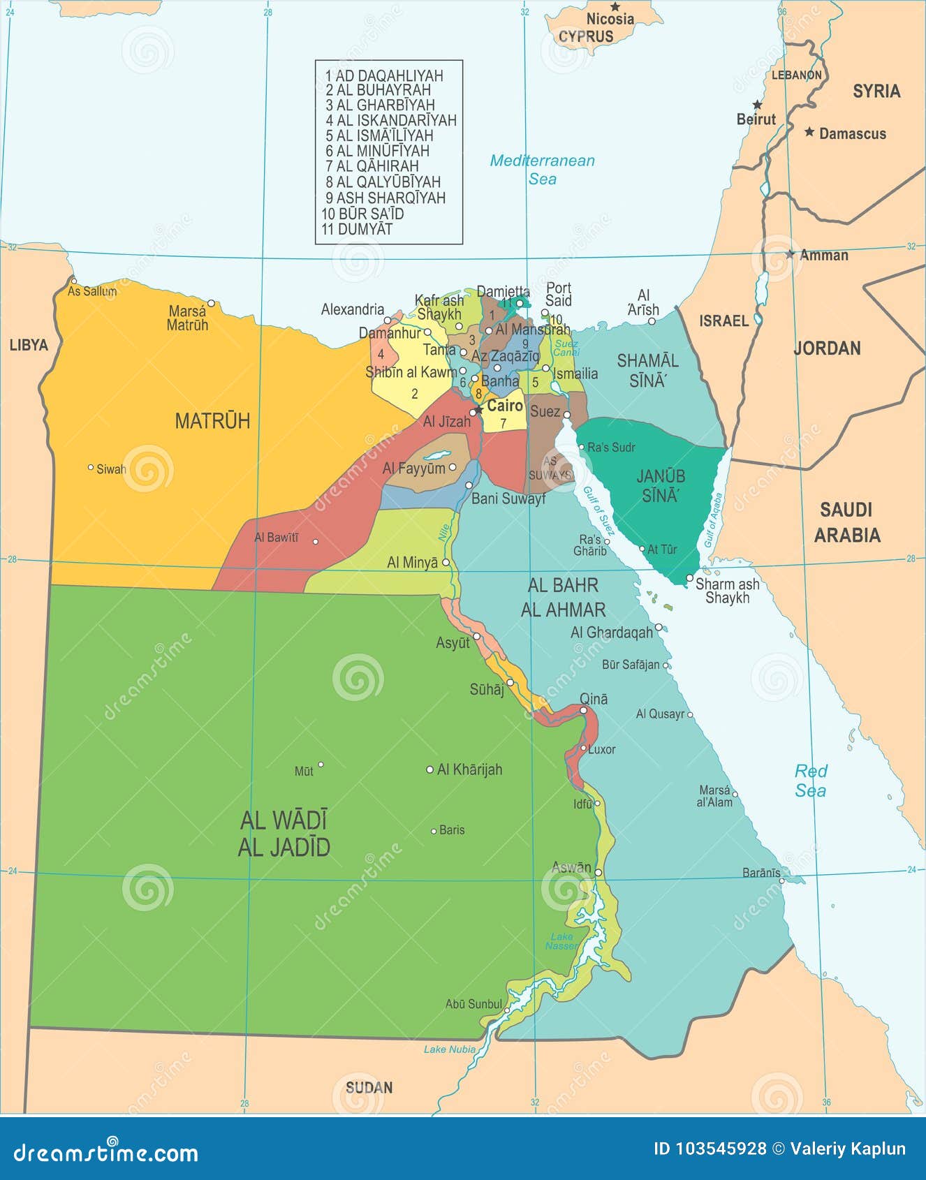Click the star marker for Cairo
pos(478,410)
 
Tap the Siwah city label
pos(111,469)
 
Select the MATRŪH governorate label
pos(212,421)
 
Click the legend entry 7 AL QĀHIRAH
pos(372,166)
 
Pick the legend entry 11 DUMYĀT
pos(357,229)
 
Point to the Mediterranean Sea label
pos(542,170)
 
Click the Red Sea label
pos(810,781)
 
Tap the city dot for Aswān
pos(598,873)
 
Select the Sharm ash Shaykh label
pos(727,591)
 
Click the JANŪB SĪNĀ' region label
pos(661,486)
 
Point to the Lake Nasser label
pos(561,941)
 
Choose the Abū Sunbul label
pos(473,1004)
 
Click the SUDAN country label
pos(369,1087)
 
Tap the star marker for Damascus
pos(809,131)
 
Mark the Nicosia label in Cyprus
pos(610,19)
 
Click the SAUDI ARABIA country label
pos(846,522)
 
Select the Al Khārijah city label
pos(469,769)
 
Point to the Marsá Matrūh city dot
pos(211,303)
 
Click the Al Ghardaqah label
pos(611,632)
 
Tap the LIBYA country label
pos(29,345)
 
